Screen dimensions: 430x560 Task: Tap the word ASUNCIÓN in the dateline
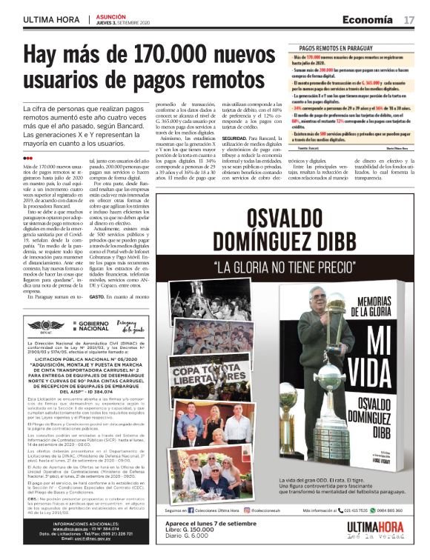tap(110, 16)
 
